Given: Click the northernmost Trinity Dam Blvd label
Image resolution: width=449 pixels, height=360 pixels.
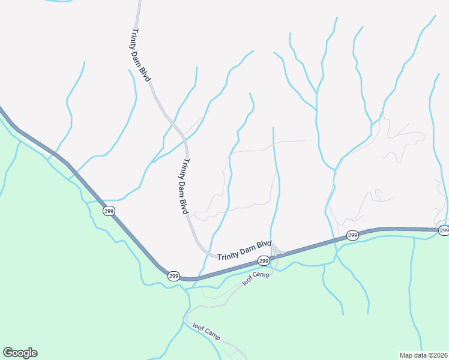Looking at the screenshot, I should click(141, 55).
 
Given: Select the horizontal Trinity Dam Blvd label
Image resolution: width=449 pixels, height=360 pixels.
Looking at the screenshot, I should click(244, 250).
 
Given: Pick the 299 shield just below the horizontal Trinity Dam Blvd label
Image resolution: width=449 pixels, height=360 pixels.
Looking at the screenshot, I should click(263, 260).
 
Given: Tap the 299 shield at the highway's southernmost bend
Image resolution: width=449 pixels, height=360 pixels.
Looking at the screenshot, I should click(173, 276).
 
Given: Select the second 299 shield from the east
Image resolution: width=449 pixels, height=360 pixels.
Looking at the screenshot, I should click(352, 235).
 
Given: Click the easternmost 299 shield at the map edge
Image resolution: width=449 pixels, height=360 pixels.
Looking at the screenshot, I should click(444, 230).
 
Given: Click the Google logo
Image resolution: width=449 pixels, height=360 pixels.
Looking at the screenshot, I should click(20, 353).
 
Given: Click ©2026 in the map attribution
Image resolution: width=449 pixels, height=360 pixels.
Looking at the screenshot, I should click(437, 355).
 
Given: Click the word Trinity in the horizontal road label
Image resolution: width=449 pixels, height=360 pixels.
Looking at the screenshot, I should click(228, 255).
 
